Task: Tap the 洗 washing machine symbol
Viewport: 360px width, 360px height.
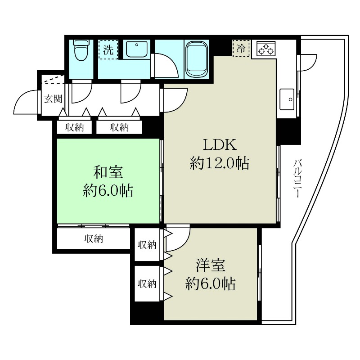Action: (108, 50)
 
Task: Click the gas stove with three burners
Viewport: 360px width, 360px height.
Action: (265, 49)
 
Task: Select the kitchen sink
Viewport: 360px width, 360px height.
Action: (287, 99)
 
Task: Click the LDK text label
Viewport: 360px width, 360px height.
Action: (219, 145)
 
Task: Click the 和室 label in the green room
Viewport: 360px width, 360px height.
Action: (108, 172)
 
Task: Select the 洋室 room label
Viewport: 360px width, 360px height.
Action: (210, 265)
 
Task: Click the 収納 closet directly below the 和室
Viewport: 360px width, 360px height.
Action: (94, 239)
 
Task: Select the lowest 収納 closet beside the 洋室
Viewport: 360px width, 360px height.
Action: (147, 284)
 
